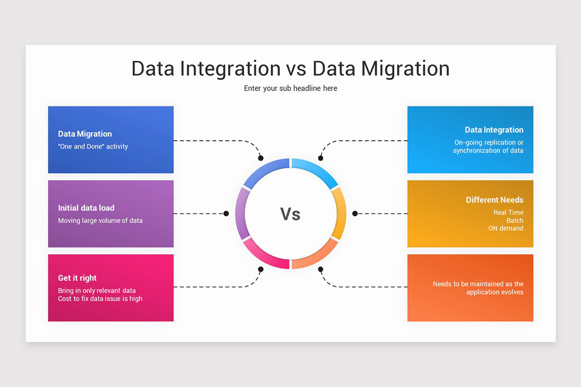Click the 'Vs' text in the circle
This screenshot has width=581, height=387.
[x=290, y=213]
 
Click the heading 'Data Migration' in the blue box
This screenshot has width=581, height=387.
[x=85, y=134]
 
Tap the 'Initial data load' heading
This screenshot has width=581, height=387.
[x=86, y=208]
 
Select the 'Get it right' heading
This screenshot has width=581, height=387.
[x=77, y=278]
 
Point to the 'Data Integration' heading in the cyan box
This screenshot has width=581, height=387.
[x=494, y=130]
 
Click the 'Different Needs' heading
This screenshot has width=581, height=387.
[x=494, y=200]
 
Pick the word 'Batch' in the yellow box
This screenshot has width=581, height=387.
[x=515, y=221]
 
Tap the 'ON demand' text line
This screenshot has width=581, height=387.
[x=505, y=228]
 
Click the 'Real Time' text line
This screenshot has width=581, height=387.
[x=508, y=212]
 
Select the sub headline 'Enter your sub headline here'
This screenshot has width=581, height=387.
[x=290, y=89]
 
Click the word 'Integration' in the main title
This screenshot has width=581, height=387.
[x=230, y=69]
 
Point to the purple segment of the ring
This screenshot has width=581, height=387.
[x=240, y=213]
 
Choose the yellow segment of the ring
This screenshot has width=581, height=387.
[x=341, y=213]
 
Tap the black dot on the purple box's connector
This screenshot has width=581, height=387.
[x=226, y=213]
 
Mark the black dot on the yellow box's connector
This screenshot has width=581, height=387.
[x=354, y=213]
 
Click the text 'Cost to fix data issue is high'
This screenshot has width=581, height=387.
[x=100, y=299]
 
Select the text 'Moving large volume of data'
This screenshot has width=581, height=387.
[x=100, y=221]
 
